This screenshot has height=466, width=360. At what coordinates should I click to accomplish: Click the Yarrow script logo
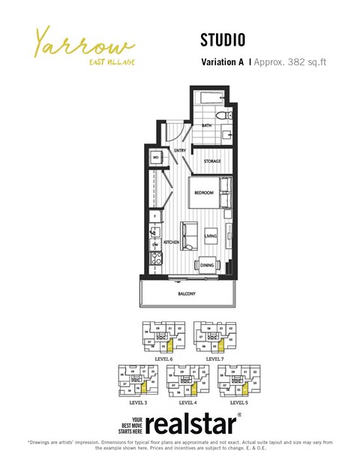[x=82, y=43]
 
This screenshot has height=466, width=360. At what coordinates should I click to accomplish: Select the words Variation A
[x=223, y=63]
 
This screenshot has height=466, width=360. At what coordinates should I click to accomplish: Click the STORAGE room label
[x=212, y=161]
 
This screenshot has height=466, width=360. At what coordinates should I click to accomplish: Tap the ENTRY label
[x=180, y=151]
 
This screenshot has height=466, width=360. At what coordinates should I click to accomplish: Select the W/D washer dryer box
[x=156, y=158]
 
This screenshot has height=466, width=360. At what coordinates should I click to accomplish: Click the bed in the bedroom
[x=206, y=193]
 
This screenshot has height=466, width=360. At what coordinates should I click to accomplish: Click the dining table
[x=208, y=265]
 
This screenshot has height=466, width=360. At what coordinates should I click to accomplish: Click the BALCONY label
[x=187, y=295]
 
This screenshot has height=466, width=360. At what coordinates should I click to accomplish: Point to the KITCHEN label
[x=172, y=242]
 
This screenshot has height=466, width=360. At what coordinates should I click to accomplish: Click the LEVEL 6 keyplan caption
[x=163, y=359]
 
